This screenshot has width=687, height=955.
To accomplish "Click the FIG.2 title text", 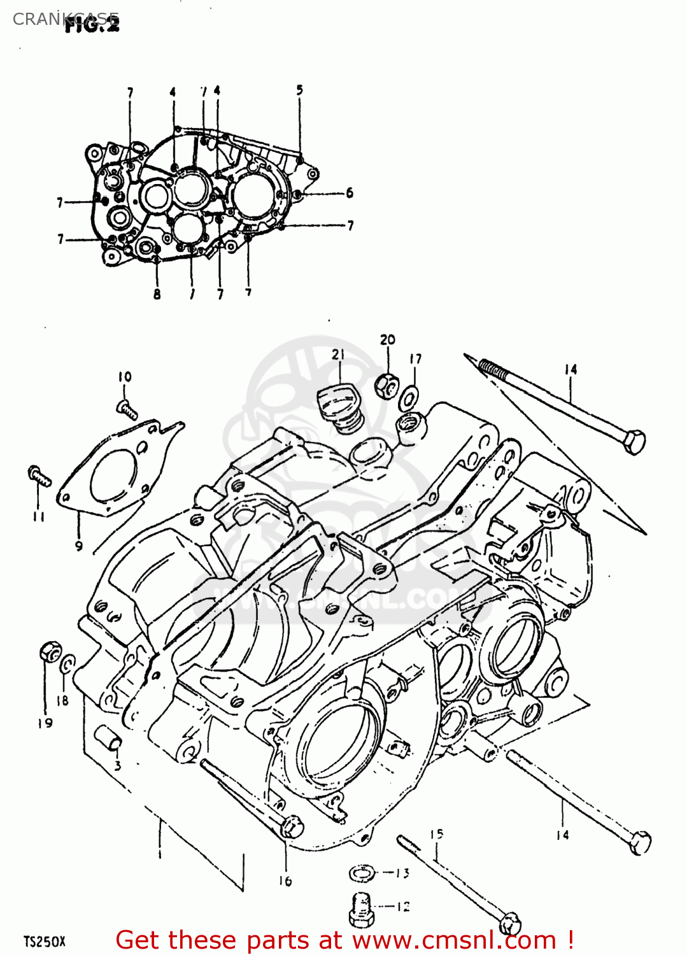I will pos(92,25).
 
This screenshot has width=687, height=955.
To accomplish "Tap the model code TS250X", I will pos(45,942).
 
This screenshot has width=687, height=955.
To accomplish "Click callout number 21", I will pos(338,355).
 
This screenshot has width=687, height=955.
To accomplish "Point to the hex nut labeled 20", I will pos(386,385).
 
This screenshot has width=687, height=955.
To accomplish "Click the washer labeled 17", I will pos(409,398).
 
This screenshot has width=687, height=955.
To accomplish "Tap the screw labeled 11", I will pos(39,476).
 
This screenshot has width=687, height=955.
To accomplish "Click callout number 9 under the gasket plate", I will pos(78,546).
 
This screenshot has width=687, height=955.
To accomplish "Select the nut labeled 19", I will pos(50,651).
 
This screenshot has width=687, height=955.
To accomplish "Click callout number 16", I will pos(285,881).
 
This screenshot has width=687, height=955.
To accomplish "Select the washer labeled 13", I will pos(361,874).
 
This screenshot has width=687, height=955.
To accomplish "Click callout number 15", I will pos(436,834).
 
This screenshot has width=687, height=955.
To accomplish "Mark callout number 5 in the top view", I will pos(300,90).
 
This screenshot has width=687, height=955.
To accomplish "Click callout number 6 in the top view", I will pos(349,193).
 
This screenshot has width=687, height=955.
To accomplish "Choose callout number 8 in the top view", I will pos(157,294).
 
